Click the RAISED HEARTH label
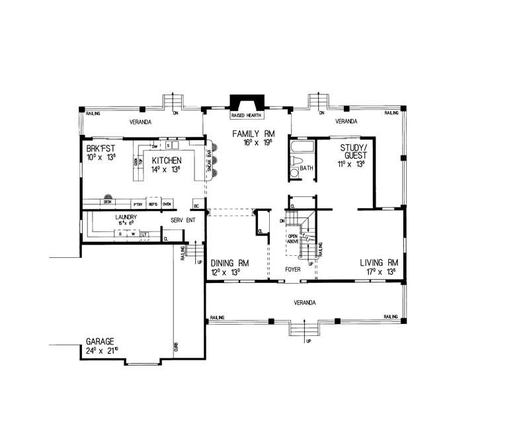pyautogui.click(x=246, y=116)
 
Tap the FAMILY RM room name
pyautogui.click(x=248, y=134)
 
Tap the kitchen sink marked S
pyautogui.click(x=169, y=145)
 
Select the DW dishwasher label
pyautogui.click(x=154, y=146)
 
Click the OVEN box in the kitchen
pyautogui.click(x=167, y=204)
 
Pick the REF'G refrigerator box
pyautogui.click(x=153, y=204)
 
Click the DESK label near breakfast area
pyautogui.click(x=106, y=202)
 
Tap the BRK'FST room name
pyautogui.click(x=101, y=149)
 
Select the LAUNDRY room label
pyautogui.click(x=126, y=217)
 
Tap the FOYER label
pyautogui.click(x=292, y=270)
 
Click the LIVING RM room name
pyautogui.click(x=378, y=262)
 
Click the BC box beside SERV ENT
pyautogui.click(x=196, y=204)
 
